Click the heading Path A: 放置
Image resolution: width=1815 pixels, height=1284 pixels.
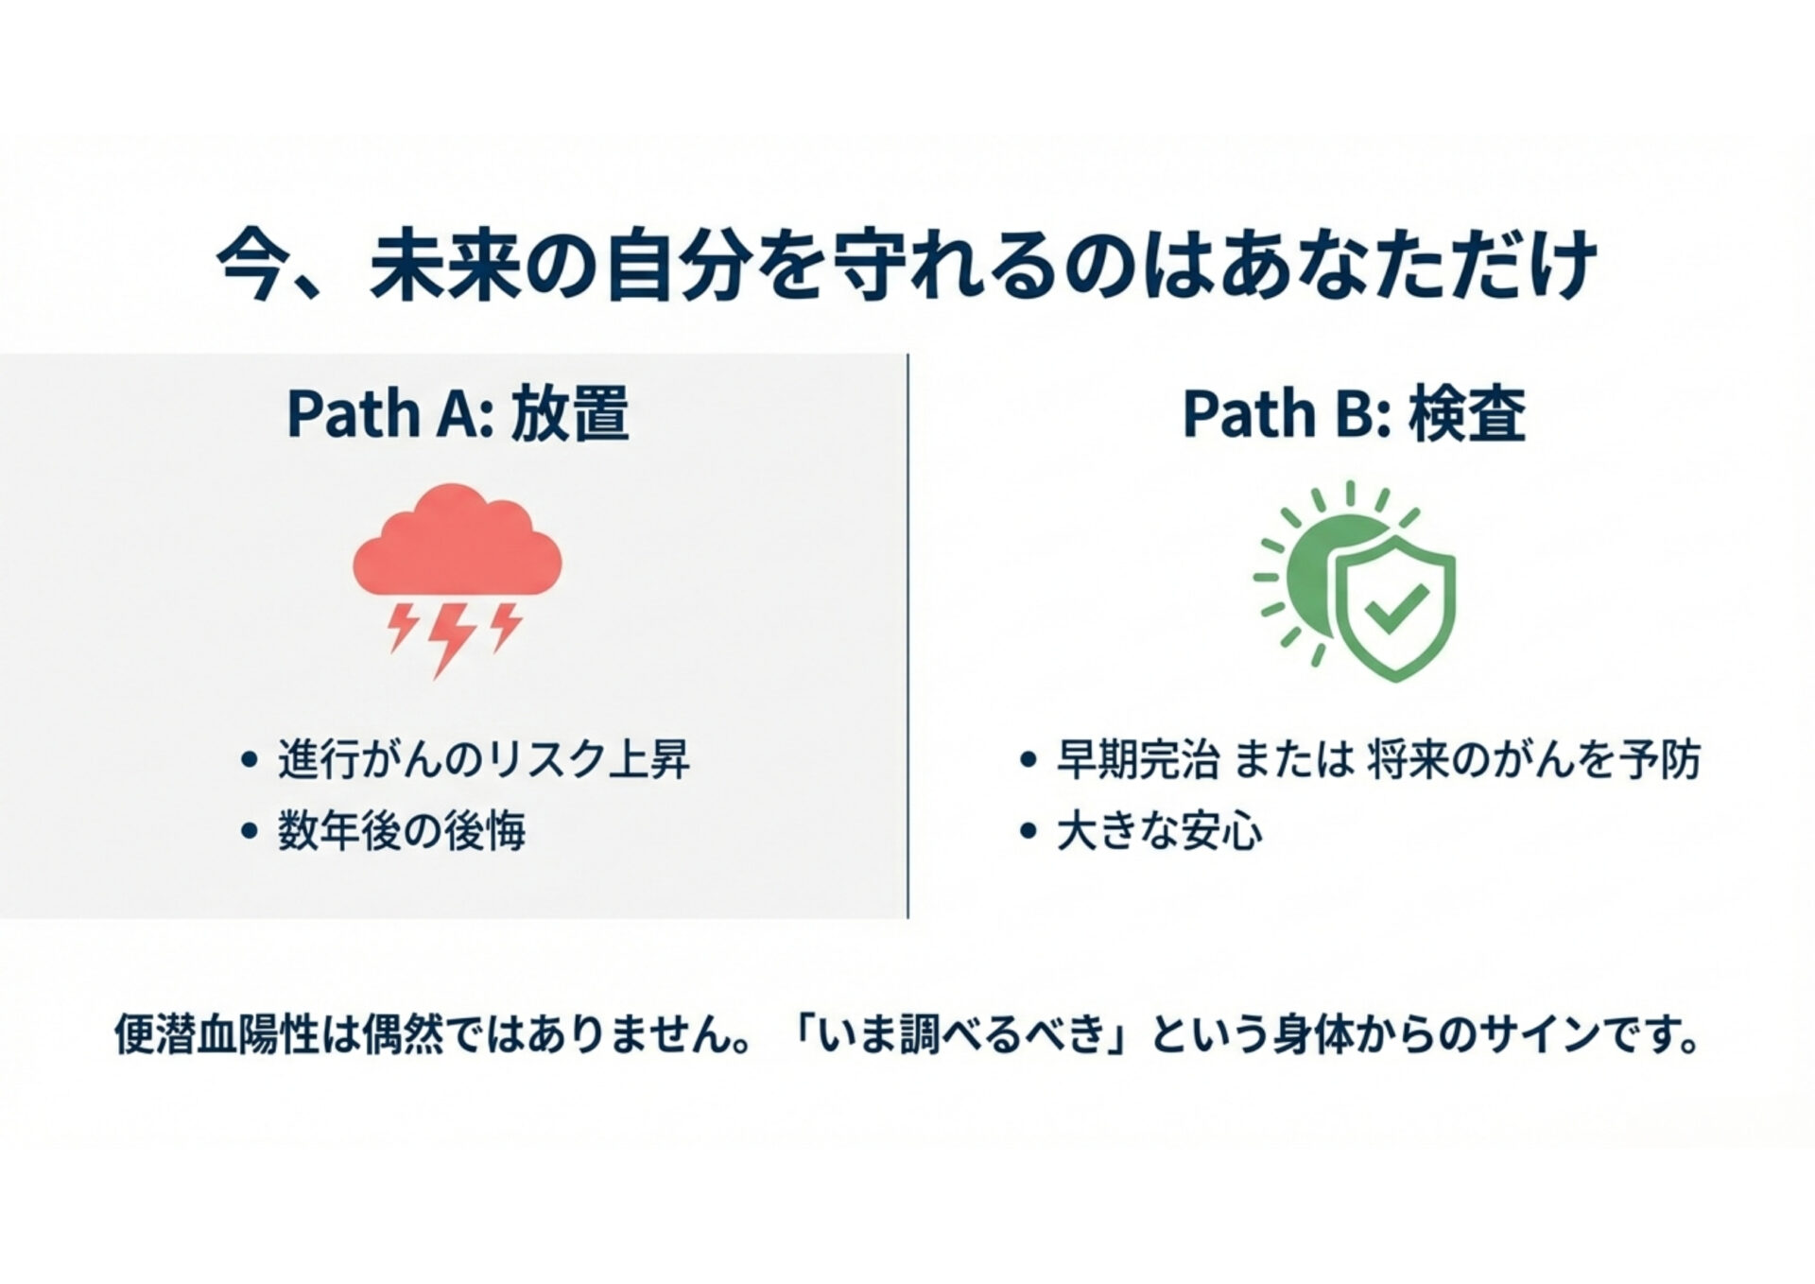click(x=458, y=414)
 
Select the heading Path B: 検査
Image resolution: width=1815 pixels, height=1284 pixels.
click(x=1354, y=414)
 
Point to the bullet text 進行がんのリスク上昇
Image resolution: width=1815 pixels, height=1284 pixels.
click(x=484, y=759)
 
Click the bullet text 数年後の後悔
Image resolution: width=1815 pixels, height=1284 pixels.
click(x=401, y=831)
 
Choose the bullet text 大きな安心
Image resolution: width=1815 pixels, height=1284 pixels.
click(x=1159, y=831)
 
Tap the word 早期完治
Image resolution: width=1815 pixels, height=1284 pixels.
click(x=1137, y=759)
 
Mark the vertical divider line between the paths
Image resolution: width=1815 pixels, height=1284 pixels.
click(x=907, y=635)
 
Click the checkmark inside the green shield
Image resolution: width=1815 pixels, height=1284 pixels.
click(x=1397, y=607)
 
